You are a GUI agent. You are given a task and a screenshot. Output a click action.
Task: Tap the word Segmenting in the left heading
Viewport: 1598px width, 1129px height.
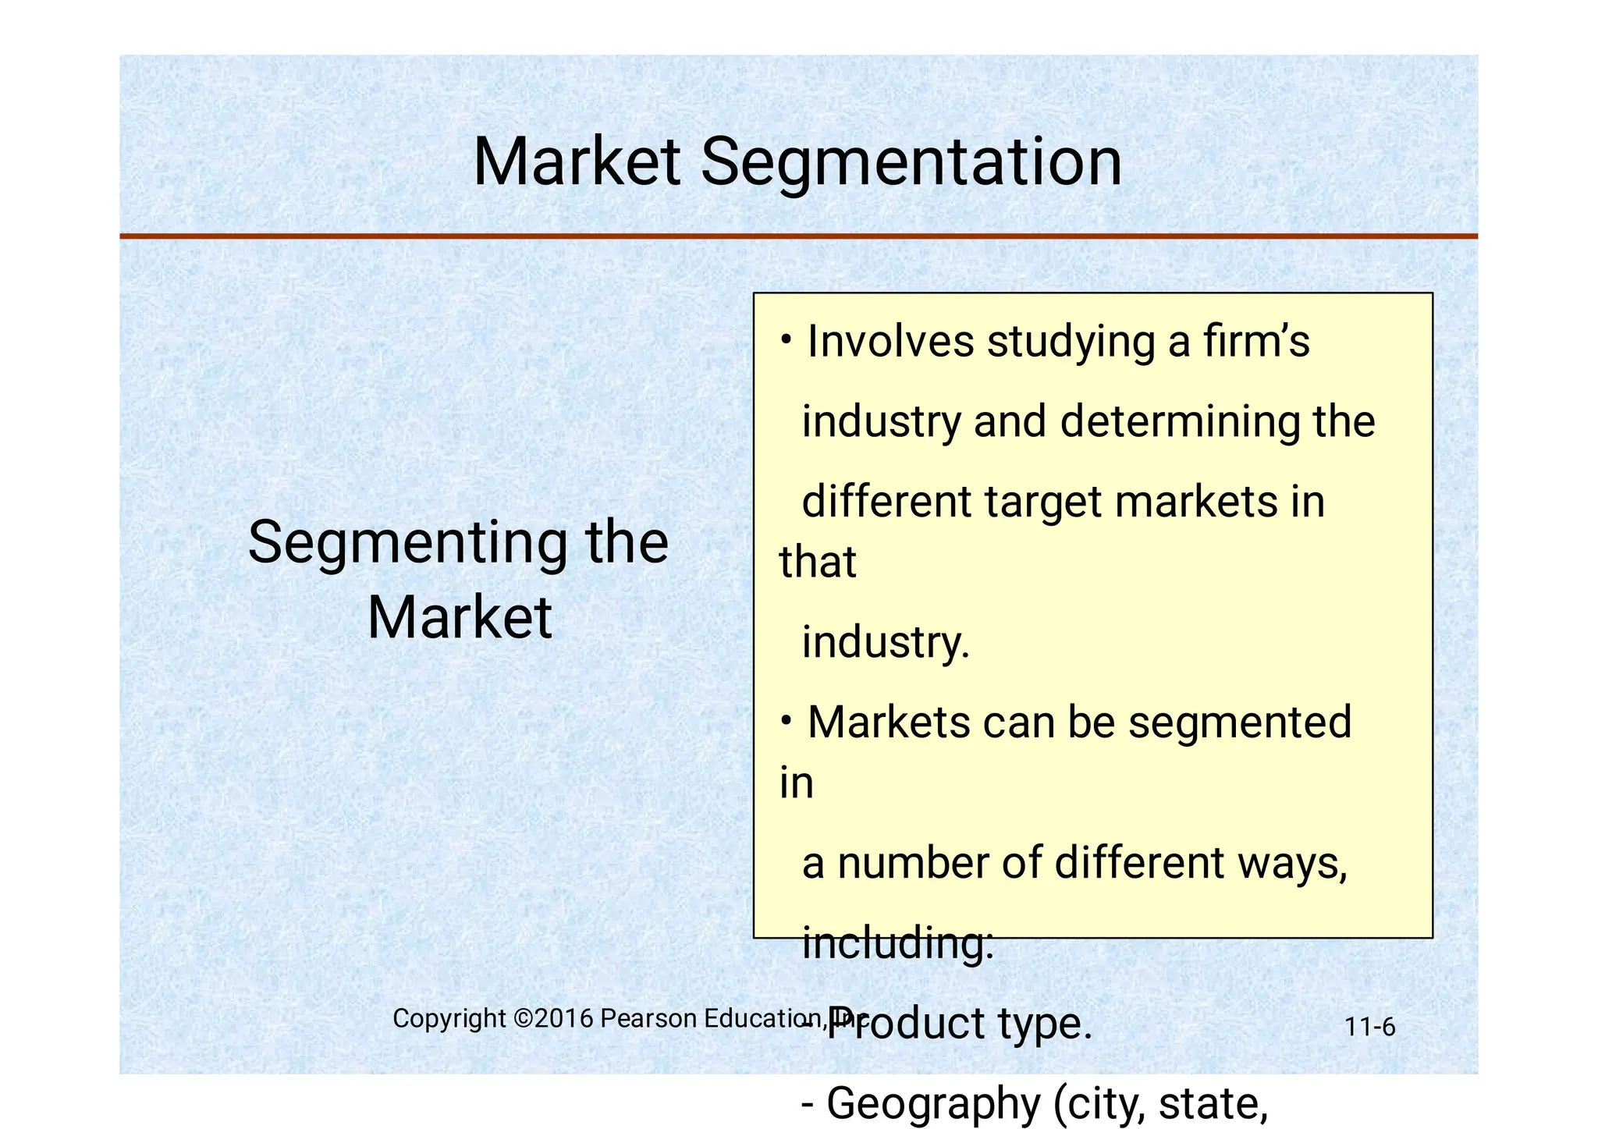coord(407,543)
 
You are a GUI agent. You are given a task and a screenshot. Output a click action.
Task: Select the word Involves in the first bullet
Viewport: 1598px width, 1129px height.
coord(890,341)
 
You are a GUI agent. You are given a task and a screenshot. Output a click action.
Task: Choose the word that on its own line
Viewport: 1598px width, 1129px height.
coord(818,562)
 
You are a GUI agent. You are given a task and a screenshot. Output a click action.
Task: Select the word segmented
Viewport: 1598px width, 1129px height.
coord(1240,722)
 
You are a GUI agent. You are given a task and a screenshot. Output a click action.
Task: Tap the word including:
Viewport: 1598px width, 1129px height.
coord(898,943)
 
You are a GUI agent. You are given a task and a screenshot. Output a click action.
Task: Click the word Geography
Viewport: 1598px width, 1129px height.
coord(933,1103)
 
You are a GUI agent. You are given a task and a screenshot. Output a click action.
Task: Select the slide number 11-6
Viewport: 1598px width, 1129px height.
coord(1369,1027)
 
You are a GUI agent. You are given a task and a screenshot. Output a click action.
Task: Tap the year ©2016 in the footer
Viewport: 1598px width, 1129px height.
coord(553,1018)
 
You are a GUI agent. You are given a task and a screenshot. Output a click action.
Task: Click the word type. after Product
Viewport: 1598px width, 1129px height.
coord(1045,1024)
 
